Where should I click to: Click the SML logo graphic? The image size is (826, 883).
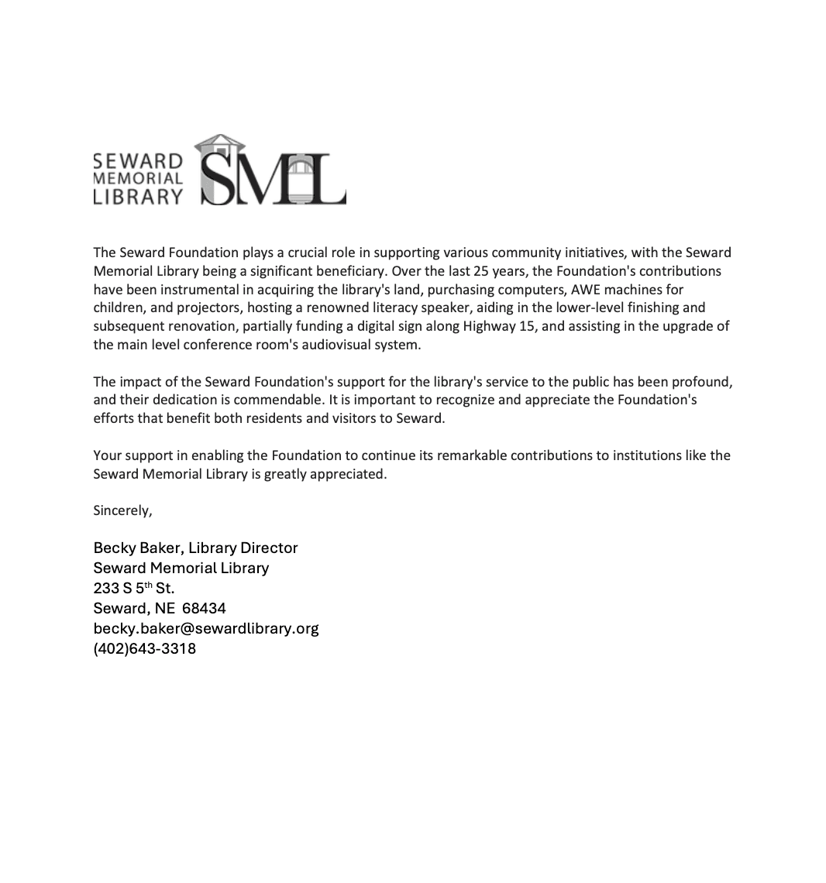coord(273,170)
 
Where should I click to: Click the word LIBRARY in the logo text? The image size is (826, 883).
coord(138,197)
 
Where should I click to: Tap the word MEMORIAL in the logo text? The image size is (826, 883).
coord(138,178)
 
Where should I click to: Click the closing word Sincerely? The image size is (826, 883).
coord(122,510)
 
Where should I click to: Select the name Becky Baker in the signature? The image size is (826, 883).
coord(138,548)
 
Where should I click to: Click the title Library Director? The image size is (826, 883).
coord(243,548)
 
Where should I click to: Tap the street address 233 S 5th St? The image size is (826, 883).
coord(134,588)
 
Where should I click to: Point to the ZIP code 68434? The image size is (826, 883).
coord(204,608)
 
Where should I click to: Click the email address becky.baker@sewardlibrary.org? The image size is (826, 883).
coord(206,628)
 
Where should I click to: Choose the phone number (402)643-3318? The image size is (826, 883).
coord(145,648)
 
